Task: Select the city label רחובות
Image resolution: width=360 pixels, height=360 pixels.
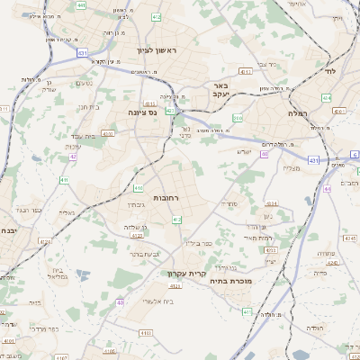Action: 167,197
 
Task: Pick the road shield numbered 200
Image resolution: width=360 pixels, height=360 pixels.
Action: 238,118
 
